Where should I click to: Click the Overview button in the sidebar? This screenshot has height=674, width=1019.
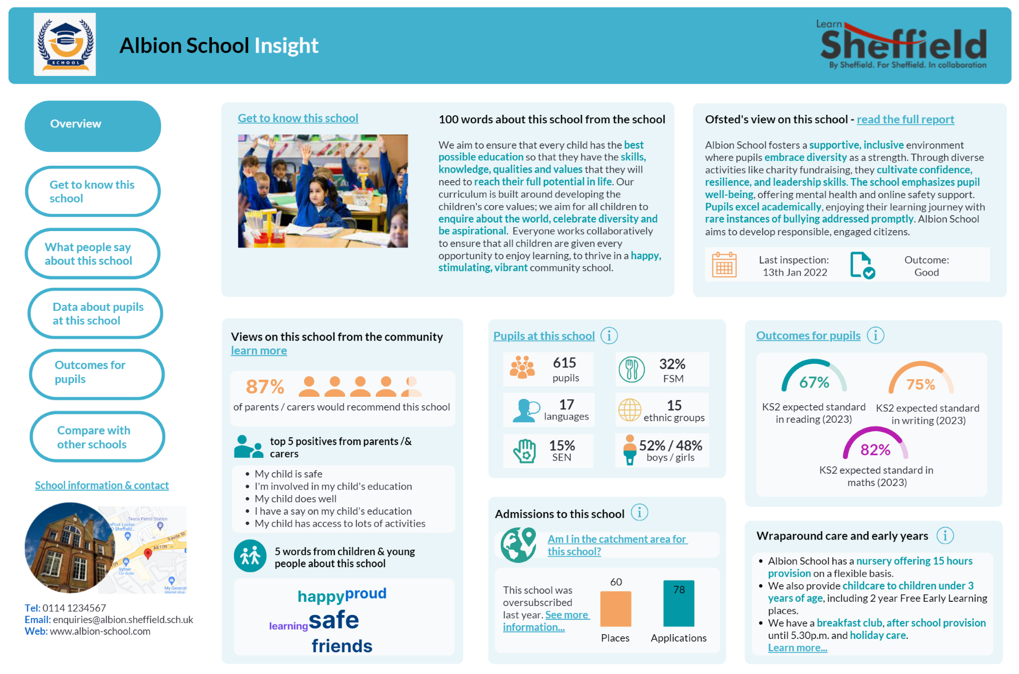pyautogui.click(x=92, y=126)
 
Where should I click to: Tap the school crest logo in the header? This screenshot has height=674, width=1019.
pyautogui.click(x=65, y=45)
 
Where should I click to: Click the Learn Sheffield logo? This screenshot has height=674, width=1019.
pyautogui.click(x=903, y=45)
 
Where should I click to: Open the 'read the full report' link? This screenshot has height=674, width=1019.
pyautogui.click(x=905, y=120)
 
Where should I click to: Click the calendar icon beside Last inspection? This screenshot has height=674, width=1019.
pyautogui.click(x=724, y=265)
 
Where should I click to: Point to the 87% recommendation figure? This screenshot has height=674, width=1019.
pyautogui.click(x=265, y=386)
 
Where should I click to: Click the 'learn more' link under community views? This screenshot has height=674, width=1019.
pyautogui.click(x=259, y=351)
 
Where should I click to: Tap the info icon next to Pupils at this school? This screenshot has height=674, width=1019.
pyautogui.click(x=609, y=336)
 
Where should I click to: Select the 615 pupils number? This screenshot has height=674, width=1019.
pyautogui.click(x=564, y=363)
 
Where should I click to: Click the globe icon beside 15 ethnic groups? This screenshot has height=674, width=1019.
pyautogui.click(x=630, y=409)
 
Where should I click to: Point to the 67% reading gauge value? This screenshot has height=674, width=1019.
pyautogui.click(x=814, y=382)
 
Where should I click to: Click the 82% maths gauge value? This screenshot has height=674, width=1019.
pyautogui.click(x=875, y=450)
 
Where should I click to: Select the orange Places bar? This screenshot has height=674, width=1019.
pyautogui.click(x=616, y=609)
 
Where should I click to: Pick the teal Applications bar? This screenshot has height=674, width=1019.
pyautogui.click(x=678, y=603)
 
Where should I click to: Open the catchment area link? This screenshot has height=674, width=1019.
pyautogui.click(x=617, y=545)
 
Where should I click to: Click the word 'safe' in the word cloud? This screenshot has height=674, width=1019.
pyautogui.click(x=334, y=619)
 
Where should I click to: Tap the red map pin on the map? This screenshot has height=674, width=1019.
pyautogui.click(x=148, y=553)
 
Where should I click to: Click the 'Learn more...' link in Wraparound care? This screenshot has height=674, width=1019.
pyautogui.click(x=797, y=647)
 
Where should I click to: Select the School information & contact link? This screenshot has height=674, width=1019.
pyautogui.click(x=102, y=485)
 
